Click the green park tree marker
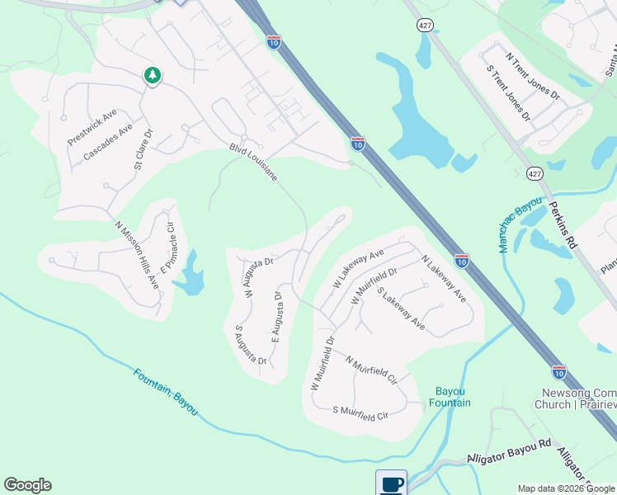coord(152,76)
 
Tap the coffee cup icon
coord(391,483)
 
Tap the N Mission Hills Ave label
coord(137,255)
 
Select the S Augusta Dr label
coord(250,345)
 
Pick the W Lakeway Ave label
coord(359,269)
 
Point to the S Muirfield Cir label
coord(360,410)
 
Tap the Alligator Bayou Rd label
coord(508,450)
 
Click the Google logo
coord(27,485)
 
